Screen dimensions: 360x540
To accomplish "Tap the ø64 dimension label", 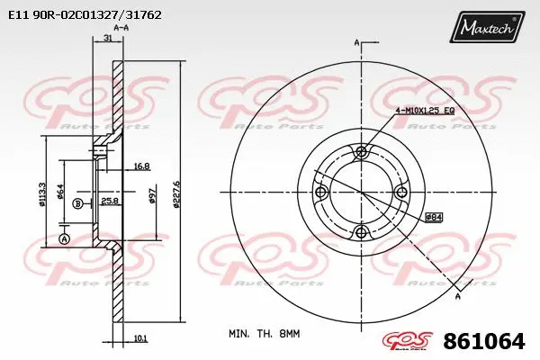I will (60, 192).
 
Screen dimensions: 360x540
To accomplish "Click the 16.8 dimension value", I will (141, 166).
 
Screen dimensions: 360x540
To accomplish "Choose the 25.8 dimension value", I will (109, 199).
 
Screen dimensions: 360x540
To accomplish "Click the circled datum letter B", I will (78, 204).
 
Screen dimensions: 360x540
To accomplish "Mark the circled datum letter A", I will (63, 238).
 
